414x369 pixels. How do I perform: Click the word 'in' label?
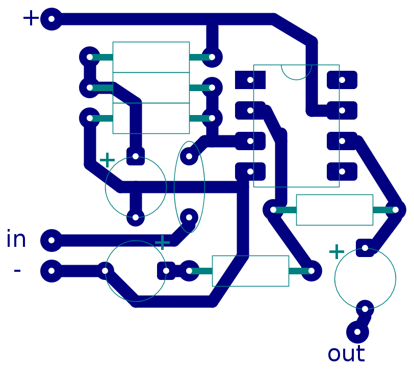[x=16, y=239]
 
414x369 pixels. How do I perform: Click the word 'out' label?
[x=346, y=354]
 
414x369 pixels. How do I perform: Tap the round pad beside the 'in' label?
[x=51, y=240]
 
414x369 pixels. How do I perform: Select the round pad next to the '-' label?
[x=51, y=271]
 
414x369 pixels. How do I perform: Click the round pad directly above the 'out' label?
[x=357, y=332]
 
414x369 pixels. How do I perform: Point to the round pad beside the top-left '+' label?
[x=51, y=19]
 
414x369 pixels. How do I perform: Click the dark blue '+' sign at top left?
[x=31, y=18]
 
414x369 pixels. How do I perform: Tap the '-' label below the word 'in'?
[x=17, y=270]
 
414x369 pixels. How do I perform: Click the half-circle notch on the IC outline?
[x=296, y=72]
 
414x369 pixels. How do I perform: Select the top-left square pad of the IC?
[x=250, y=80]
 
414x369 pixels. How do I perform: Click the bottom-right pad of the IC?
[x=342, y=172]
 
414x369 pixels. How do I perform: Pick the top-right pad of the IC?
[x=342, y=80]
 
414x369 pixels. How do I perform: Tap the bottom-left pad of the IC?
[x=250, y=172]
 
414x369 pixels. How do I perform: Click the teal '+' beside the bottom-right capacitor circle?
[x=337, y=252]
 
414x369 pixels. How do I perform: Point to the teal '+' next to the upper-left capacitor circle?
[x=107, y=160]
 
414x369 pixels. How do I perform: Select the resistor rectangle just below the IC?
[x=334, y=210]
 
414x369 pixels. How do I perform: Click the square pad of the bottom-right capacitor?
[x=365, y=248]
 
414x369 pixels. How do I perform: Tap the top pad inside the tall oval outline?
[x=189, y=156]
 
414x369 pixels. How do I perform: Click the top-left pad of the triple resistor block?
[x=90, y=57]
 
